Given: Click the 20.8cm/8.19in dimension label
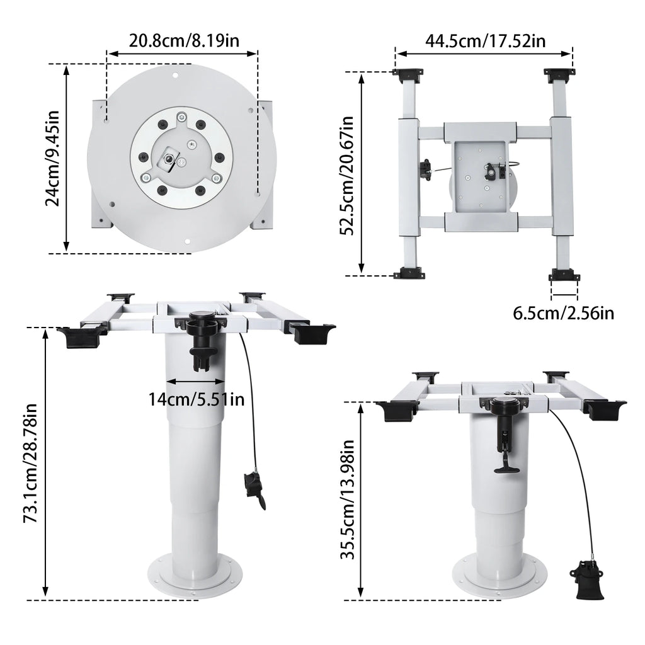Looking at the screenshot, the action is [x=184, y=41].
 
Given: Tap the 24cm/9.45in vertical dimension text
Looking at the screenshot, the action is [x=53, y=158].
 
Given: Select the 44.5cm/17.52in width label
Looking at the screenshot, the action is [x=486, y=41].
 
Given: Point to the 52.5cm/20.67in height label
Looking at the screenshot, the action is [x=347, y=176].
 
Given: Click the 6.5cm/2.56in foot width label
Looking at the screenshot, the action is [x=563, y=314].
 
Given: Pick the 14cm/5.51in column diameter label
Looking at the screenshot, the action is [x=197, y=399].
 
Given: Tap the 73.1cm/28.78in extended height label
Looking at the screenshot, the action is [x=31, y=464].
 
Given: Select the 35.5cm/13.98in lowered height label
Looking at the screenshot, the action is [x=348, y=499].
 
